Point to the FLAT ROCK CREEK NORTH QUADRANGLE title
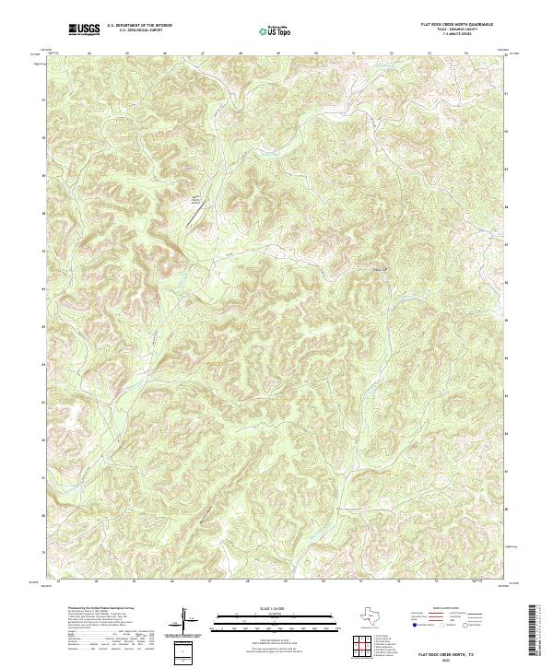tap(457, 26)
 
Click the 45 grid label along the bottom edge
tap(134, 582)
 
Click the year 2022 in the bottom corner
tap(449, 660)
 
